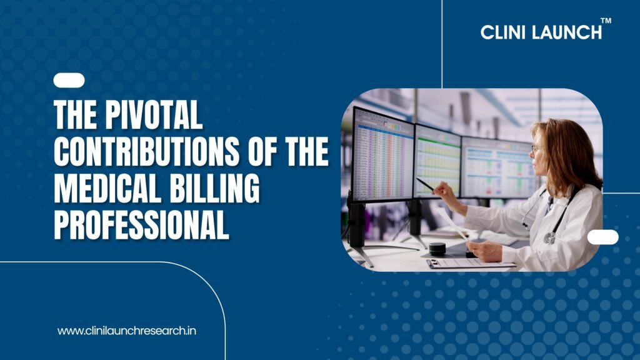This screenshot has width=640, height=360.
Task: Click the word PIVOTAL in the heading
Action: (x=154, y=115)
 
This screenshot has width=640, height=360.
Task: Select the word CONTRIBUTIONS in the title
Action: (x=146, y=151)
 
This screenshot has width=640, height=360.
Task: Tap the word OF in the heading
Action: (x=262, y=151)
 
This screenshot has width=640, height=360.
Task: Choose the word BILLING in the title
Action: (x=214, y=188)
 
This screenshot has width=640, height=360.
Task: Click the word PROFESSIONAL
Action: (x=141, y=224)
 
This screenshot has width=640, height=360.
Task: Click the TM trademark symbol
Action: (x=606, y=21)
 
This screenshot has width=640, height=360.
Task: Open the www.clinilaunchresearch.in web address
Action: (x=126, y=331)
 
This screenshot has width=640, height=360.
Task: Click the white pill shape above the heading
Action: (x=69, y=81)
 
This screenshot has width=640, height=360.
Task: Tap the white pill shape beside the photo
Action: (x=603, y=237)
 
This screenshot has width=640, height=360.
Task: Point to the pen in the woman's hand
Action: (x=426, y=185)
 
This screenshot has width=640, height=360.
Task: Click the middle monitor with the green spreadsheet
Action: (x=437, y=161)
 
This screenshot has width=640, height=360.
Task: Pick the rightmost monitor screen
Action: (x=498, y=168)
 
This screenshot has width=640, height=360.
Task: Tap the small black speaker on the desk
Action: (x=437, y=249)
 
